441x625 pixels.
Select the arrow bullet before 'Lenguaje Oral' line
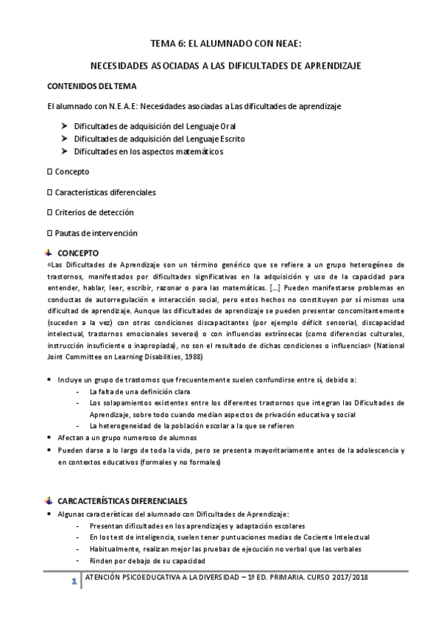click(x=66, y=126)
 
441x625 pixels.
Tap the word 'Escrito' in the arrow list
click(x=230, y=139)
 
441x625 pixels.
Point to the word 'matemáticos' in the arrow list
click(x=194, y=151)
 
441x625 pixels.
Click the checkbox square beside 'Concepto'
click(x=49, y=172)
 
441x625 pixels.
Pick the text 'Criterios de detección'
click(x=94, y=212)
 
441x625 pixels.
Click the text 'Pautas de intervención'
click(x=96, y=233)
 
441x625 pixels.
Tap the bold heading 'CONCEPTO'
click(x=78, y=252)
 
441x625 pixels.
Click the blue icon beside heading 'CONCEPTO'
click(x=49, y=252)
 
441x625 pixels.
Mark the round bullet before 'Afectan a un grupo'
click(x=49, y=438)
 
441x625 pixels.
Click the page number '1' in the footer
click(x=74, y=584)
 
